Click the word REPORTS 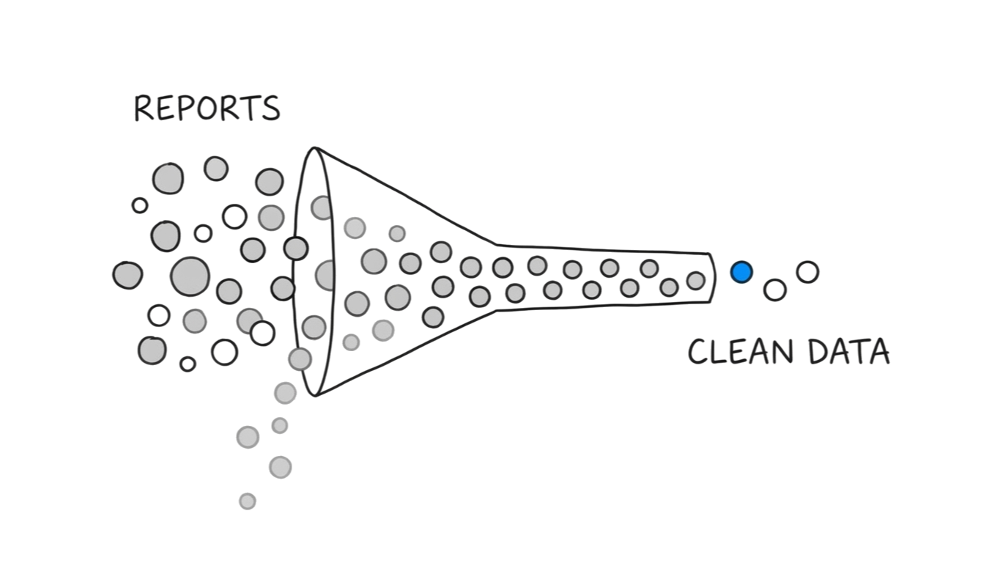[207, 108]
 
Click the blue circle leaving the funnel [741, 273]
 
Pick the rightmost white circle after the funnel [807, 272]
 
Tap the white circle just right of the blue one [774, 290]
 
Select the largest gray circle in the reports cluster [190, 276]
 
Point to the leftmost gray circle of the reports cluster [127, 275]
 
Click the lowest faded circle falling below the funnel [248, 501]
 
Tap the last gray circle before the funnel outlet [696, 280]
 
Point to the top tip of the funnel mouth [315, 150]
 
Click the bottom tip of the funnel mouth [316, 394]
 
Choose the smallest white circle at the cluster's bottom [188, 364]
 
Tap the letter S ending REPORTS [270, 109]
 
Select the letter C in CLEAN [700, 352]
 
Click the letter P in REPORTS [186, 108]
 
